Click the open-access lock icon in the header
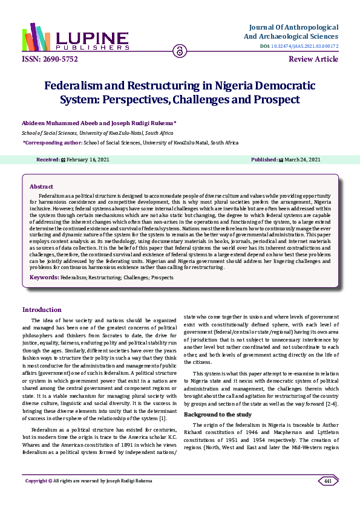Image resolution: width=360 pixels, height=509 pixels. pyautogui.click(x=180, y=51)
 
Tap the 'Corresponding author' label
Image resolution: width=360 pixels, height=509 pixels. pyautogui.click(x=44, y=143)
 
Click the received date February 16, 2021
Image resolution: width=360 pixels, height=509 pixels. pyautogui.click(x=87, y=160)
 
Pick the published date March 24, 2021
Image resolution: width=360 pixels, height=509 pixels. pyautogui.click(x=302, y=160)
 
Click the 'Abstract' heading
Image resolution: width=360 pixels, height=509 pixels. pyautogui.click(x=42, y=187)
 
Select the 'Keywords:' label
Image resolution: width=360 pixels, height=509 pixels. pyautogui.click(x=44, y=277)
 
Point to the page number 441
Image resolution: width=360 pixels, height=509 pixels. pyautogui.click(x=327, y=497)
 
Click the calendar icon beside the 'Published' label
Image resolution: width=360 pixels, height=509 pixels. pyautogui.click(x=280, y=160)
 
